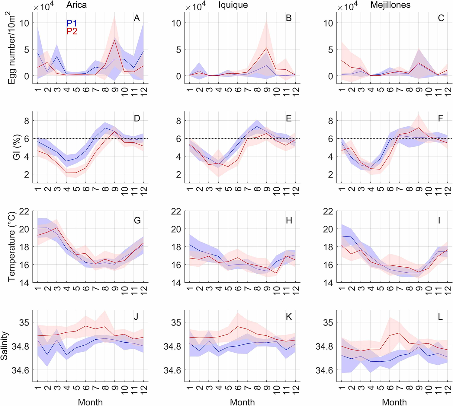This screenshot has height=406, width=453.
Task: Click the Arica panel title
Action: click(76, 5)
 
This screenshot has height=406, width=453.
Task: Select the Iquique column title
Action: click(233, 5)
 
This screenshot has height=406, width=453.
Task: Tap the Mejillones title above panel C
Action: click(390, 5)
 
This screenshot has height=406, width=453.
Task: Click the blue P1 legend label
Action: click(72, 23)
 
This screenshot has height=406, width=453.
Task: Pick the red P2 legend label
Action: click(72, 31)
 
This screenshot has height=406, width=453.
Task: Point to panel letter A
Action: click(137, 18)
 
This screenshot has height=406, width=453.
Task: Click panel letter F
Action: click(440, 118)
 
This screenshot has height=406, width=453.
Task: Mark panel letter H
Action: click(289, 220)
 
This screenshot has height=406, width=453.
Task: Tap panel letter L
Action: click(440, 317)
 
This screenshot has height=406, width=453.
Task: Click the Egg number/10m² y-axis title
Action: click(11, 48)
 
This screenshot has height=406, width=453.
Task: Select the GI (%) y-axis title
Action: click(17, 147)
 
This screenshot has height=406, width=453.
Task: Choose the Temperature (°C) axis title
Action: click(11, 247)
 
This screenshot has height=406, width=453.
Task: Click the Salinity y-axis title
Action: click(4, 346)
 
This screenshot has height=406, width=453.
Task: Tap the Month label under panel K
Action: click(242, 402)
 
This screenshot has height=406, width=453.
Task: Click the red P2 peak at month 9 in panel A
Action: click(114, 40)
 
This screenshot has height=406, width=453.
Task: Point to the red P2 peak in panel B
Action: click(267, 48)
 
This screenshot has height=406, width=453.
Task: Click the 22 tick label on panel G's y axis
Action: click(24, 211)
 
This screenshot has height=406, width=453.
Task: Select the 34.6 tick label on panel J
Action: click(21, 370)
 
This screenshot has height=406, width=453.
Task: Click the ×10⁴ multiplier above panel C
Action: click(347, 6)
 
